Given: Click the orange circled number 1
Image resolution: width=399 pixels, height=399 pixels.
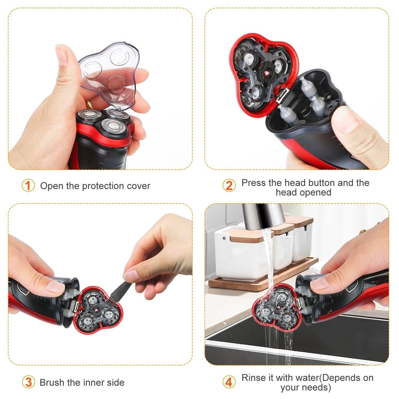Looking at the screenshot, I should click(28, 185).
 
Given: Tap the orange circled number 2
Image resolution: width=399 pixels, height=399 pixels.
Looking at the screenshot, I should click(229, 185).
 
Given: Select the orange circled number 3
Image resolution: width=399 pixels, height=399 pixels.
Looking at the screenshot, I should click(28, 382).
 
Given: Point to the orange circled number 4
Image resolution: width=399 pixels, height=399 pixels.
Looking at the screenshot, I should click(229, 382).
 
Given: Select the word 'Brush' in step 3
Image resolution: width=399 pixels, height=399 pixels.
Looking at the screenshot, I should click(52, 383).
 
